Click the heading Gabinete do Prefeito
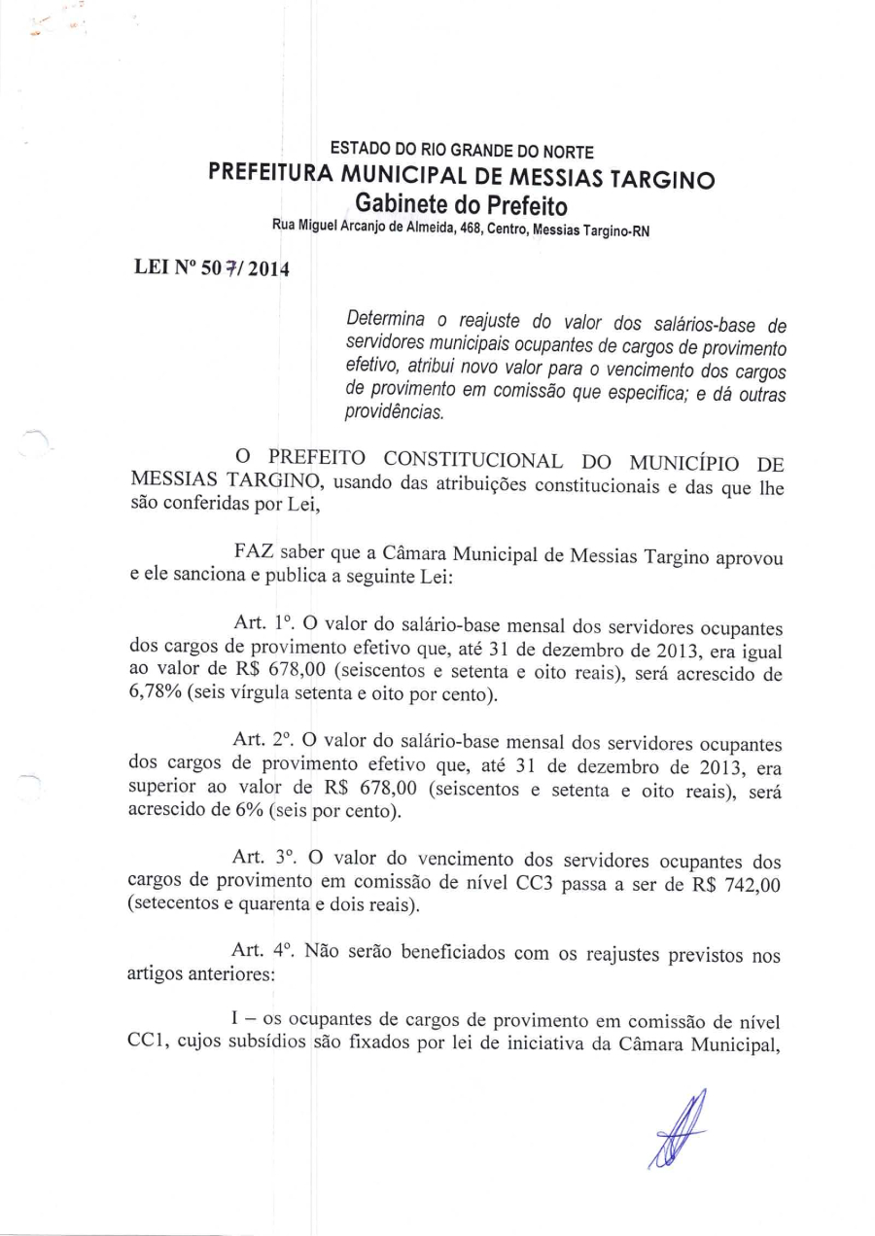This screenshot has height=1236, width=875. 462,205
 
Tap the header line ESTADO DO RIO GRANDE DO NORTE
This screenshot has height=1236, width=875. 462,152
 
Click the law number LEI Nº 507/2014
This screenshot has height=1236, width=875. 210,267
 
